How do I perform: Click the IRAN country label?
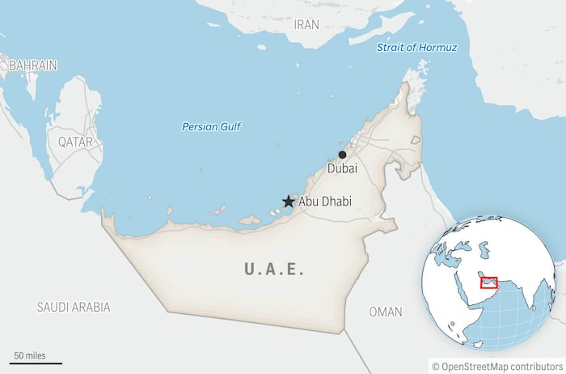306,24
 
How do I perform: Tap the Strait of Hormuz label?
416,48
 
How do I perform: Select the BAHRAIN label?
32,65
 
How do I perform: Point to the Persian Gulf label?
212,127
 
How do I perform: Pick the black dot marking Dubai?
343,155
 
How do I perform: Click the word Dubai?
342,169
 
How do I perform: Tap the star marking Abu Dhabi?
288,202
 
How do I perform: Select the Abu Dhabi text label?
325,202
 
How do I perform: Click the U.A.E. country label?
274,270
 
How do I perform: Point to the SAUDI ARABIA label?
73,308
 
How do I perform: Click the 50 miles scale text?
29,355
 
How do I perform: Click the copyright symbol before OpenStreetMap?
436,366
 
